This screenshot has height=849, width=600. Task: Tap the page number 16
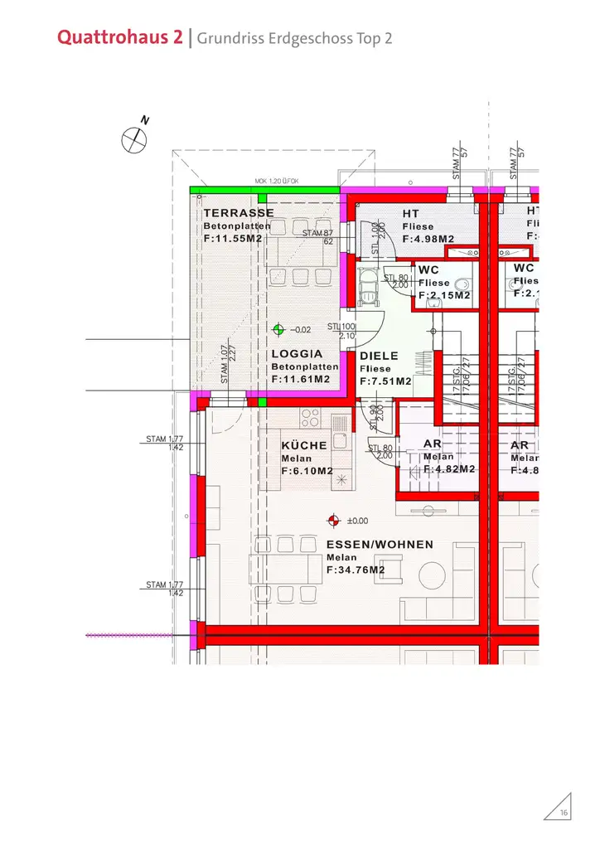564,813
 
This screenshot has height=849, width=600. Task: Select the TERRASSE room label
238,213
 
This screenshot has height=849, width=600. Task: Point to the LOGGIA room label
298,354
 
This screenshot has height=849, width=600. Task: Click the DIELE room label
379,357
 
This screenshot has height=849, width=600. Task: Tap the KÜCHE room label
304,446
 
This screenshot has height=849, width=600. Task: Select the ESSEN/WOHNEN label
380,545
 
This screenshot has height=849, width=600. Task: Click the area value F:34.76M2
356,570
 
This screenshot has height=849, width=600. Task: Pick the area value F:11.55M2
233,239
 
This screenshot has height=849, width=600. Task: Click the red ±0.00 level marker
333,521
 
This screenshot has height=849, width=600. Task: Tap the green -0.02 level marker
279,329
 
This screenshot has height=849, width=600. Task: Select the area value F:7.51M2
385,381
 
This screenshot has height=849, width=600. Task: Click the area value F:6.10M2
307,471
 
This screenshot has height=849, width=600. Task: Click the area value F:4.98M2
428,240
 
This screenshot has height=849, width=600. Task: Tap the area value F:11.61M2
301,379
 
